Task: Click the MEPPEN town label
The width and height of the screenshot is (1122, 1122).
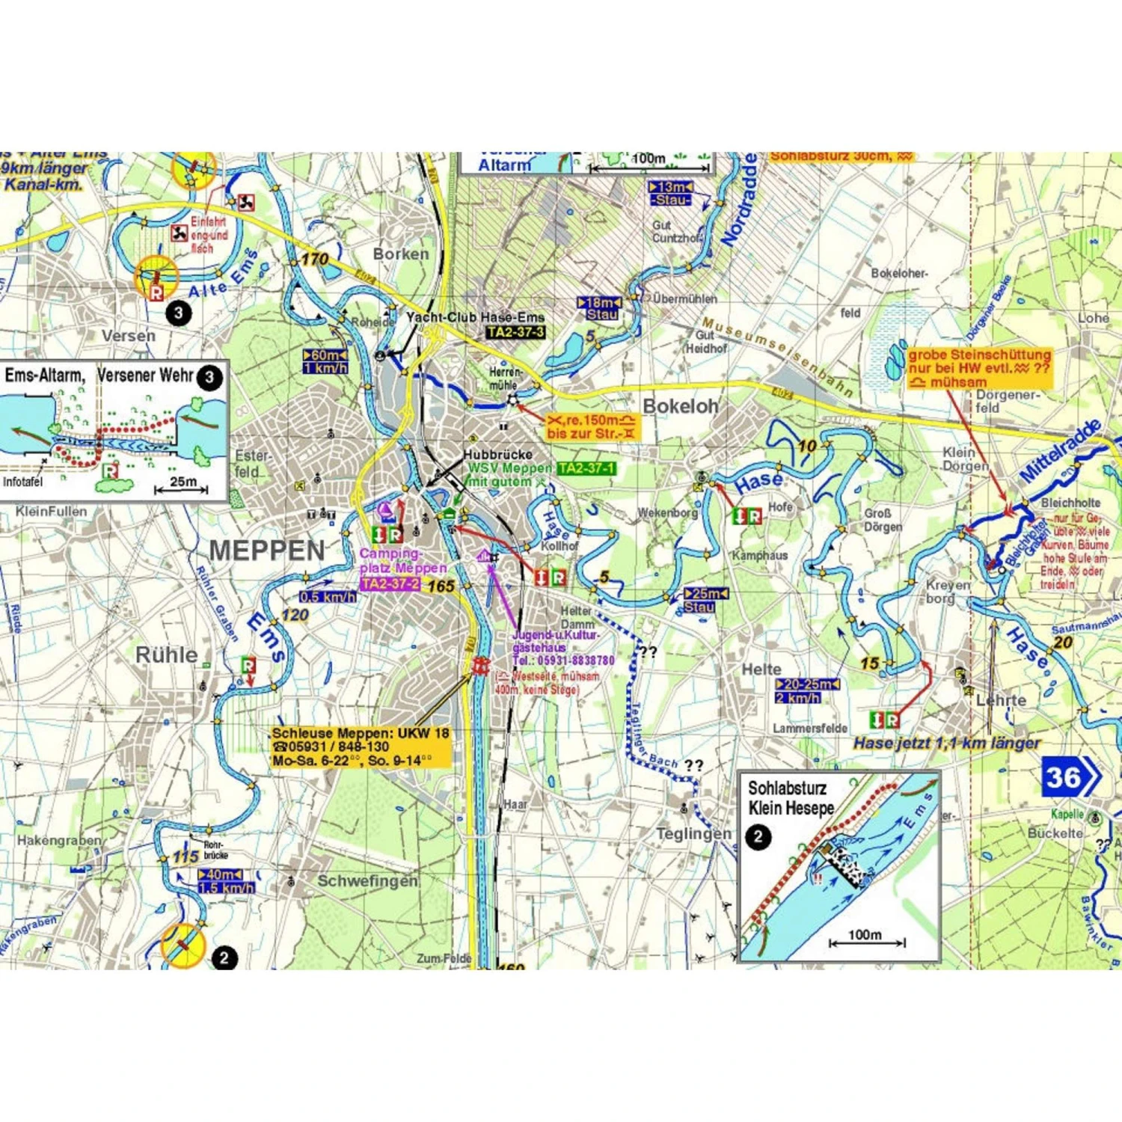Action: pyautogui.click(x=267, y=551)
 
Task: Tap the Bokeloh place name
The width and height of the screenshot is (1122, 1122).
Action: pyautogui.click(x=680, y=406)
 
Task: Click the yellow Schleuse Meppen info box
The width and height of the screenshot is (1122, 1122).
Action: pyautogui.click(x=361, y=747)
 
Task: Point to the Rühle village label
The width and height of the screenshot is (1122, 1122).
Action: pyautogui.click(x=166, y=655)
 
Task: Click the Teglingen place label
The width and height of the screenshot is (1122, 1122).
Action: pyautogui.click(x=693, y=833)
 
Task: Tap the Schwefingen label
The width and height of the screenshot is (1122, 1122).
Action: pyautogui.click(x=367, y=880)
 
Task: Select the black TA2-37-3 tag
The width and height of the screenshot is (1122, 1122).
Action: pyautogui.click(x=515, y=332)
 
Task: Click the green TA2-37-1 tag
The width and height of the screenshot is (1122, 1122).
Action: pyautogui.click(x=586, y=468)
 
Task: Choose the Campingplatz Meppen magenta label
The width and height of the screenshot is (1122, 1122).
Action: pyautogui.click(x=402, y=561)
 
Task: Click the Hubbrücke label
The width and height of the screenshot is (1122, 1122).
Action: pyautogui.click(x=497, y=454)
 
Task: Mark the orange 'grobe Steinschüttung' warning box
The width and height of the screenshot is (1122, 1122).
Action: pyautogui.click(x=979, y=367)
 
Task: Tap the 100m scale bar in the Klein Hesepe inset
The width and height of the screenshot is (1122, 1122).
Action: pyautogui.click(x=866, y=941)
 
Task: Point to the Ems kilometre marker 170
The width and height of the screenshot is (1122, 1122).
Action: pyautogui.click(x=315, y=259)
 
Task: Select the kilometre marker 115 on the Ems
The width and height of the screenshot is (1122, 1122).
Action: pyautogui.click(x=186, y=857)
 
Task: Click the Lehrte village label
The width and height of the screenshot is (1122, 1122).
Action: pyautogui.click(x=1001, y=700)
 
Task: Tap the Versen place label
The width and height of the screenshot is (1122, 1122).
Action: pyautogui.click(x=129, y=336)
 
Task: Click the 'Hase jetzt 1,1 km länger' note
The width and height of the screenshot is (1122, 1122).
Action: pyautogui.click(x=946, y=743)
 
